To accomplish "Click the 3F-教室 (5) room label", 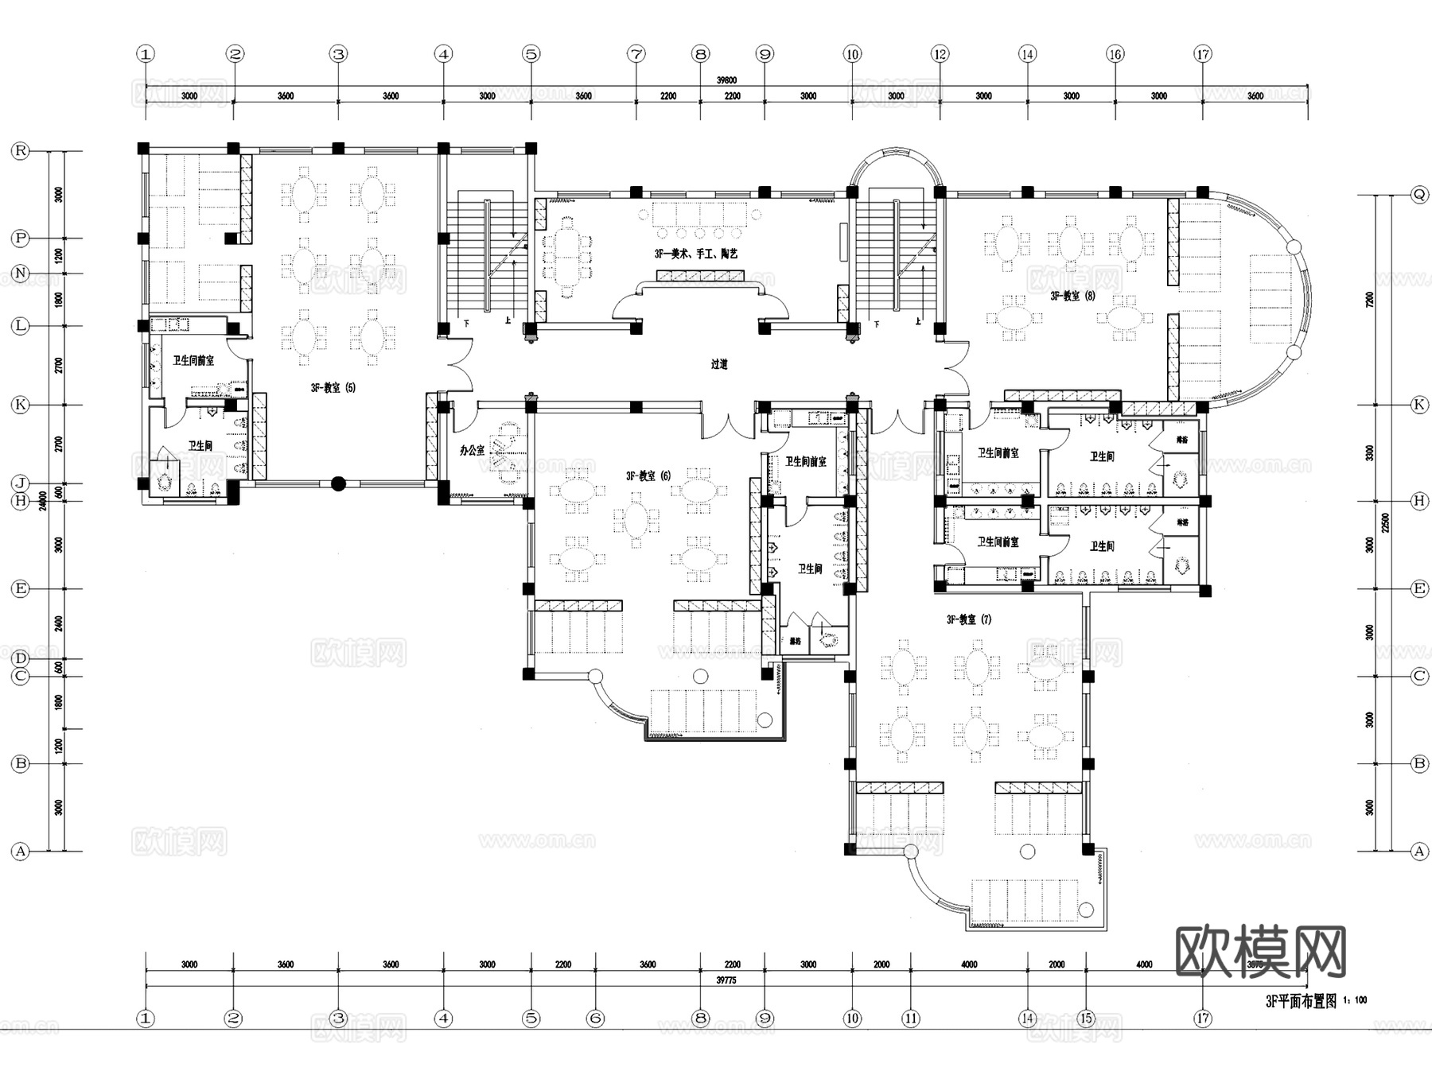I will [x=333, y=388].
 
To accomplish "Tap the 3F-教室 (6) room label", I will [x=648, y=475].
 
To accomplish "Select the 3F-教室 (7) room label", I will [x=969, y=619].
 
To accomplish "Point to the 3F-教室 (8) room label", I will [x=1072, y=296].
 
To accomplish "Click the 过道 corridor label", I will [x=719, y=364].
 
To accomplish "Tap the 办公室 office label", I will [x=472, y=450].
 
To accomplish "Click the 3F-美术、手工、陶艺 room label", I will [x=696, y=254].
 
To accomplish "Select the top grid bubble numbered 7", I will [x=636, y=54].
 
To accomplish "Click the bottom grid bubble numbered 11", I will [x=910, y=1018].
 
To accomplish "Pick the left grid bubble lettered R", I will [x=20, y=150].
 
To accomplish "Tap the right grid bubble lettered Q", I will [x=1419, y=194].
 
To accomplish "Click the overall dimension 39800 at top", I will [x=726, y=80].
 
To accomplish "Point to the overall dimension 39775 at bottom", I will [x=726, y=980].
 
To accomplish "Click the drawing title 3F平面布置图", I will [x=1301, y=1001].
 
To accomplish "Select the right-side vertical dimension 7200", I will [x=1369, y=299].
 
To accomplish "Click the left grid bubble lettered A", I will [x=20, y=851].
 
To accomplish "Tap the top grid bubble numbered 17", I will [x=1203, y=54].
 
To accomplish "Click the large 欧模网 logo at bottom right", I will [x=1260, y=951].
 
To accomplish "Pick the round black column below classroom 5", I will [x=338, y=483].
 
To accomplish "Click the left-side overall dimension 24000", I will [x=43, y=500].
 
